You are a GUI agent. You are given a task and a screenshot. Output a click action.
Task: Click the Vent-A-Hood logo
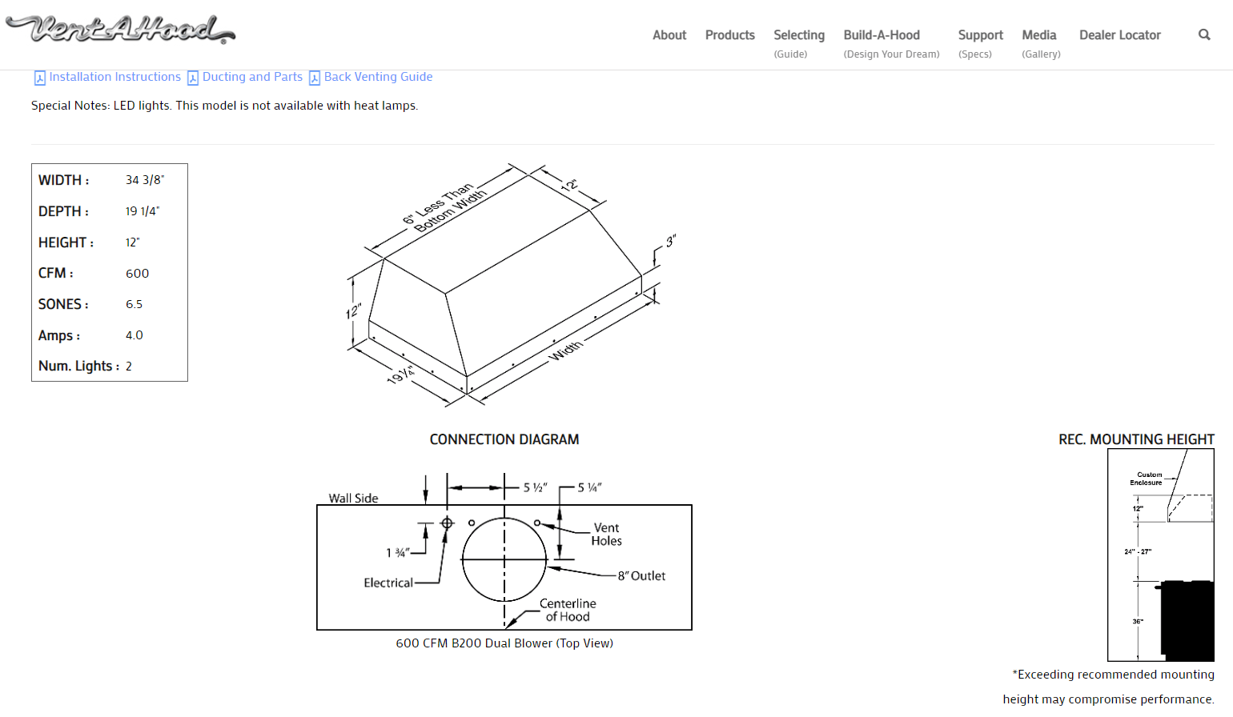120,30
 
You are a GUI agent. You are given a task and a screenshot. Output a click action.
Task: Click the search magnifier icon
1204,34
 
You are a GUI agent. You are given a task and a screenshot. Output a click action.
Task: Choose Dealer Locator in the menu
1119,35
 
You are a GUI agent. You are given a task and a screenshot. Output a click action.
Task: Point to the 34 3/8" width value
145,180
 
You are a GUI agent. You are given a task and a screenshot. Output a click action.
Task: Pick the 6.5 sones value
134,304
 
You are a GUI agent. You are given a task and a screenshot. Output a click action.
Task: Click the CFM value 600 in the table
137,274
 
